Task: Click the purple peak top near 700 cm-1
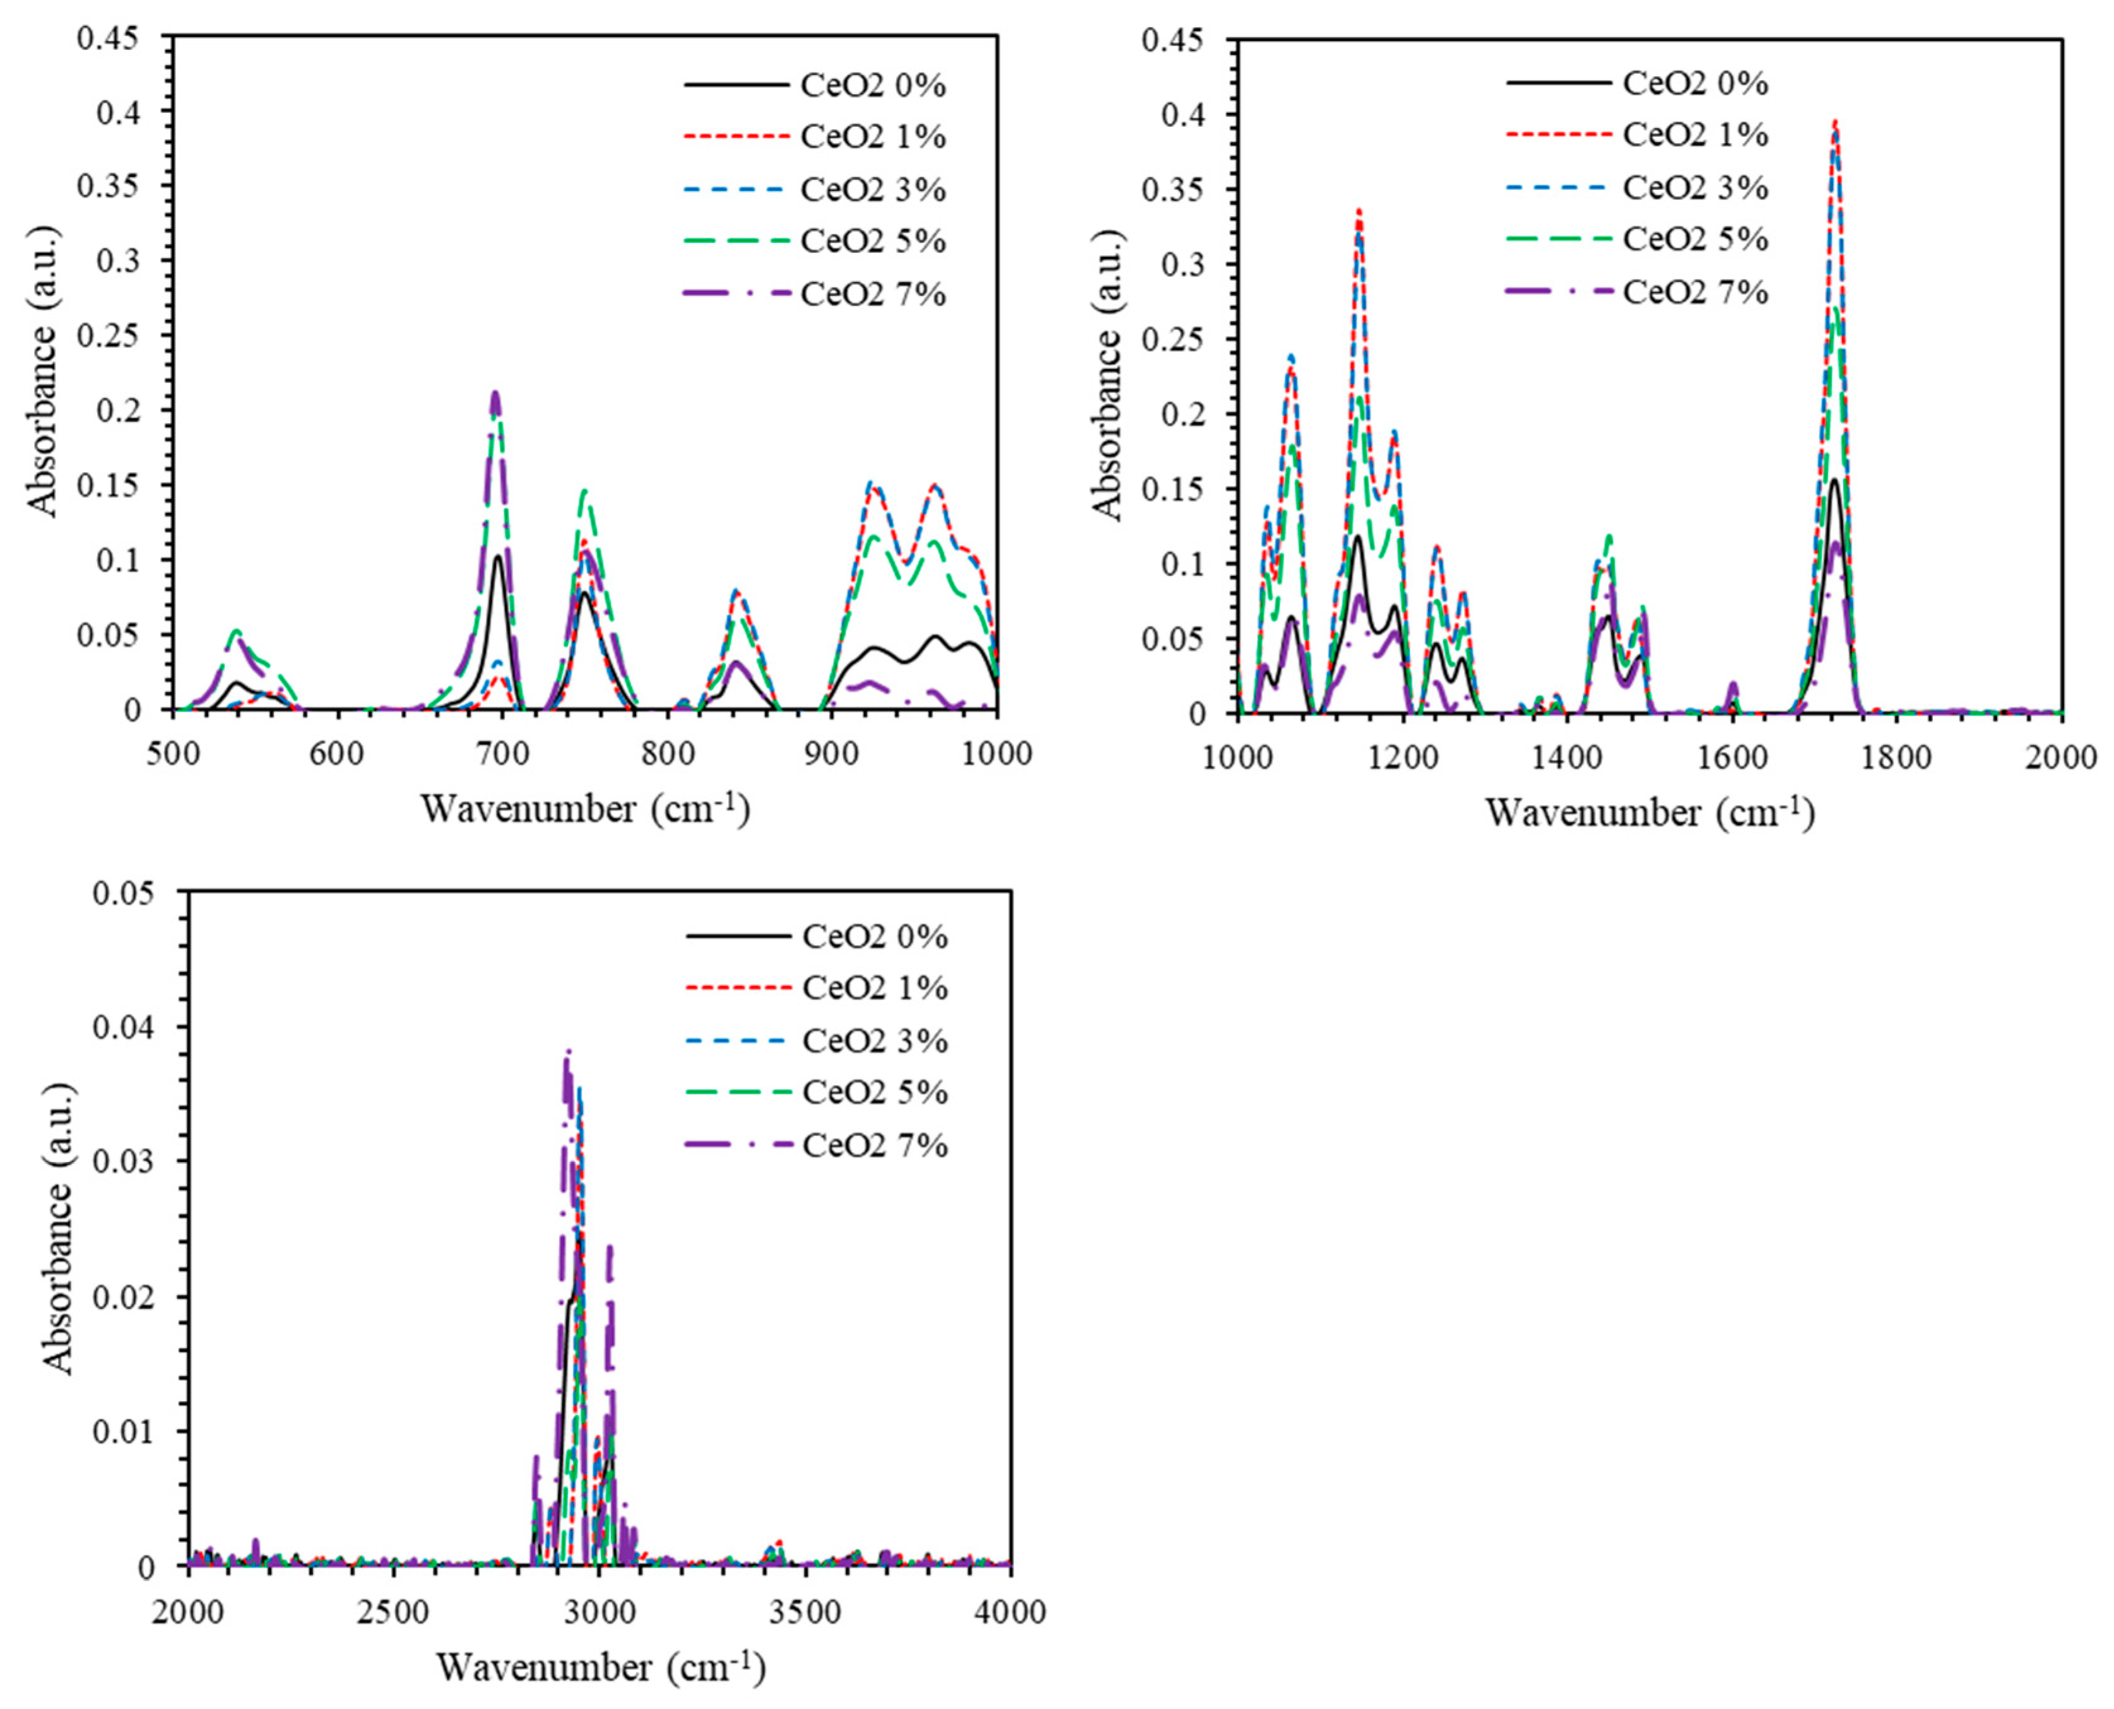(x=496, y=394)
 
